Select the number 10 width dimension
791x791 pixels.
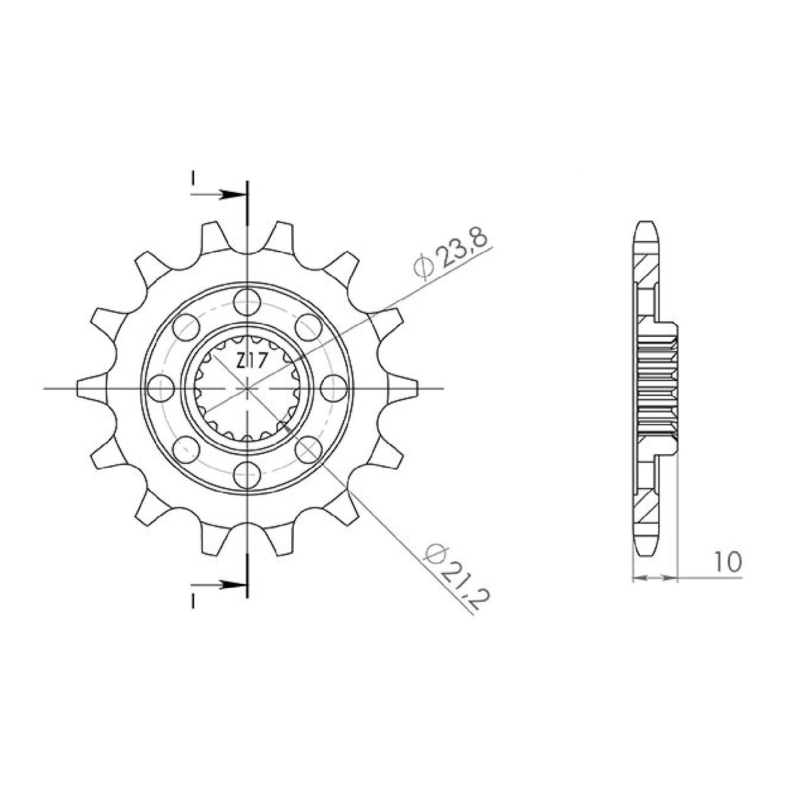tap(726, 562)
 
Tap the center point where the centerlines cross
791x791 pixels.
tap(247, 388)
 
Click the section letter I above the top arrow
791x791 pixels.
tap(193, 178)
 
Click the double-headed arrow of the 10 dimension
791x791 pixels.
tap(655, 577)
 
